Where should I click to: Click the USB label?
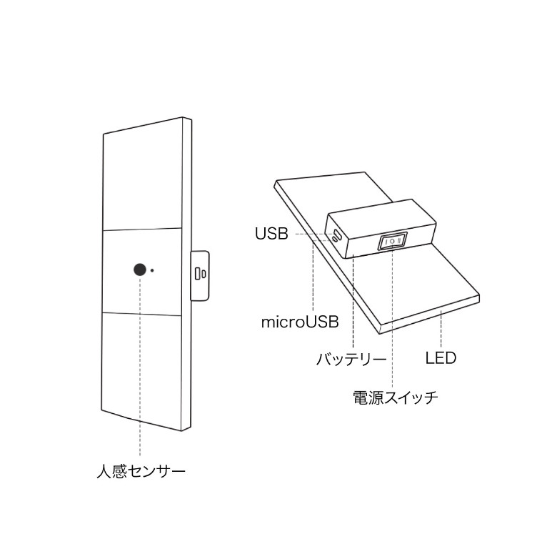click(271, 234)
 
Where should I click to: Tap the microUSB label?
click(300, 322)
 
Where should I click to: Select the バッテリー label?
click(351, 360)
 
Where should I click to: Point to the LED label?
click(441, 358)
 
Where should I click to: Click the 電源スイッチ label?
click(396, 397)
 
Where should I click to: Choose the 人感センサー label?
click(141, 470)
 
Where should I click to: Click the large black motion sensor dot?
click(140, 269)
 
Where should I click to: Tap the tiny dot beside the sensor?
click(152, 270)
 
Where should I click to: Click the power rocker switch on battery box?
click(393, 241)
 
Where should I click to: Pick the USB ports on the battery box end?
click(336, 235)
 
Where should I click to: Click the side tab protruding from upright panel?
click(200, 276)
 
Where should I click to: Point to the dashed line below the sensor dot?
click(140, 366)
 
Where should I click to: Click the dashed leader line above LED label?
click(441, 327)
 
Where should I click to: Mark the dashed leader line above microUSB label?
click(313, 275)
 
